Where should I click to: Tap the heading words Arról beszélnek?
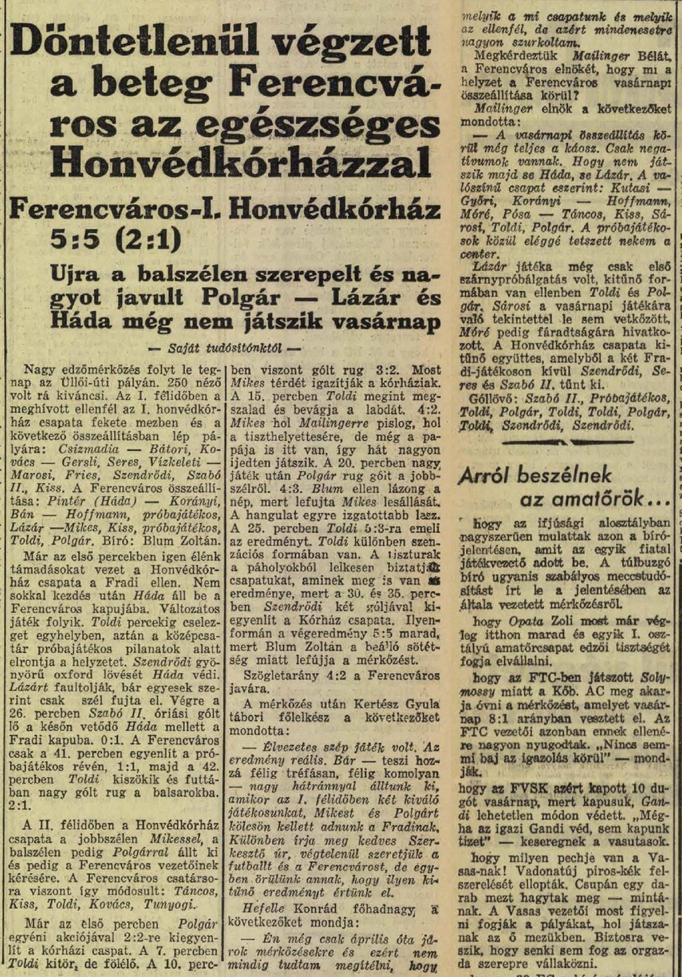point(535,475)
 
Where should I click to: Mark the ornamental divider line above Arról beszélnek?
point(566,442)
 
